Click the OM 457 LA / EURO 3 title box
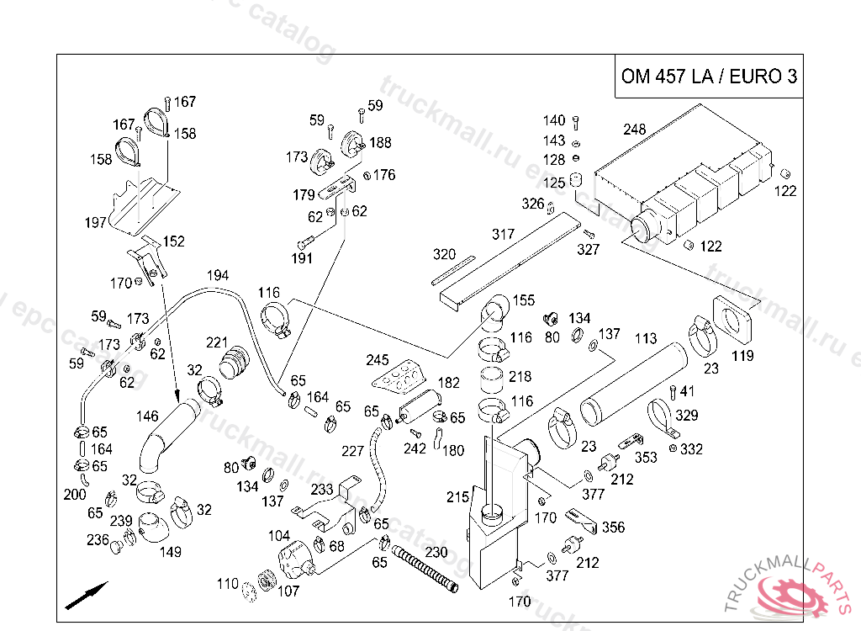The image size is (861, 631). tap(708, 77)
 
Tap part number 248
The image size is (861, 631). tap(635, 130)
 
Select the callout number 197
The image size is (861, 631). tap(96, 223)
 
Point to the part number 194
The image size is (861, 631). tap(217, 275)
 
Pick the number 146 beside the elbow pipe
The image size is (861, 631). tap(147, 416)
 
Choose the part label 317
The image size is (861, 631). tap(503, 234)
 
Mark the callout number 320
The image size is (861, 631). tap(444, 254)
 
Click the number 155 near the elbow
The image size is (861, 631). tap(523, 300)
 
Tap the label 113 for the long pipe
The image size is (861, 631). tap(646, 339)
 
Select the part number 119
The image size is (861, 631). tap(742, 356)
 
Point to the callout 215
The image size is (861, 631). tap(457, 497)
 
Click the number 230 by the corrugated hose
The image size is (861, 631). tap(436, 553)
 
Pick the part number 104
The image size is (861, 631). tap(279, 536)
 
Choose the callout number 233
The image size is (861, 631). tap(322, 489)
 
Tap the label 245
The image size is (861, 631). tap(378, 360)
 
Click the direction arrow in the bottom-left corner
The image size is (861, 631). tap(87, 594)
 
